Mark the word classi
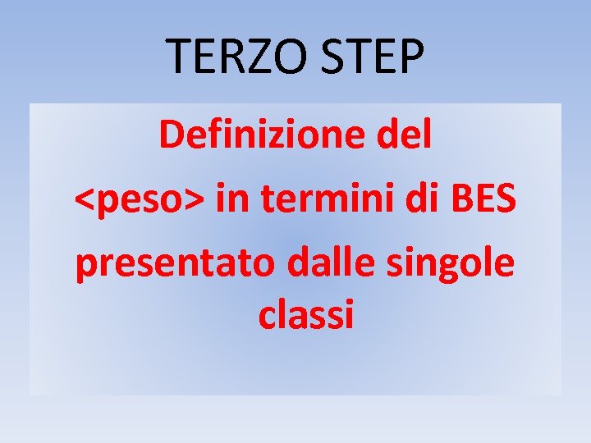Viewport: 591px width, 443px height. pyautogui.click(x=305, y=313)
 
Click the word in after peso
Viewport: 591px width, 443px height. pyautogui.click(x=233, y=199)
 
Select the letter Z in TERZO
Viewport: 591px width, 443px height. pyautogui.click(x=250, y=56)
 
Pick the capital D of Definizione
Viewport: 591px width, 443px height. pyautogui.click(x=171, y=135)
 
